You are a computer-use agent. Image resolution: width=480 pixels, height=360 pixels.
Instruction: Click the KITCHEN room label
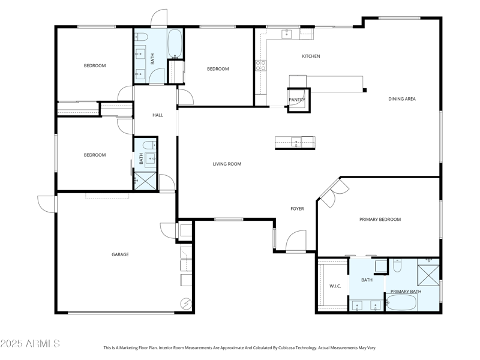pos(311,56)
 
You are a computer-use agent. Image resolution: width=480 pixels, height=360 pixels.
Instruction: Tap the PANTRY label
pos(297,100)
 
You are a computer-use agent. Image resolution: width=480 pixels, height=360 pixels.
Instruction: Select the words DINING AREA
pos(402,99)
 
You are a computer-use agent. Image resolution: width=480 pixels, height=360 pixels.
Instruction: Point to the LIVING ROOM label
pos(227,164)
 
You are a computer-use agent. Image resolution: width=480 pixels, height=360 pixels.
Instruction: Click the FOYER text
pos(297,209)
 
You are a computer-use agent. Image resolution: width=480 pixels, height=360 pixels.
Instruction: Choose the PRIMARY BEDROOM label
pos(380,220)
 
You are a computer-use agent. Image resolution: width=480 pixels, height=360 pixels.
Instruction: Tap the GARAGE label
pos(120,254)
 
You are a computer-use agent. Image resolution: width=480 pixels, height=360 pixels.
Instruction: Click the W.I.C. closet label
pos(335,286)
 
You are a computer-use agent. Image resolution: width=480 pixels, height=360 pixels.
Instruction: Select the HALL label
pos(158,115)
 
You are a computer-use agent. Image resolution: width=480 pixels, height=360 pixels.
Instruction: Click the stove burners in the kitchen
pos(261,65)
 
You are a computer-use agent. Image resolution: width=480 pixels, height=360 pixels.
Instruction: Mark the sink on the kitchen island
pos(295,142)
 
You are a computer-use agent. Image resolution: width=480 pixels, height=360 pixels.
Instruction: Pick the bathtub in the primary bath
pos(406,302)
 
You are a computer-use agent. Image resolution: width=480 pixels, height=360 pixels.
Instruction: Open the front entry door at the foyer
pos(296,242)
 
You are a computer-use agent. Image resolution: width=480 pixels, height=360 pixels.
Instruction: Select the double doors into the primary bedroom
pos(334,191)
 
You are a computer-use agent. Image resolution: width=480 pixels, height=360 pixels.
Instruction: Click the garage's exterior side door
pos(46,203)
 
